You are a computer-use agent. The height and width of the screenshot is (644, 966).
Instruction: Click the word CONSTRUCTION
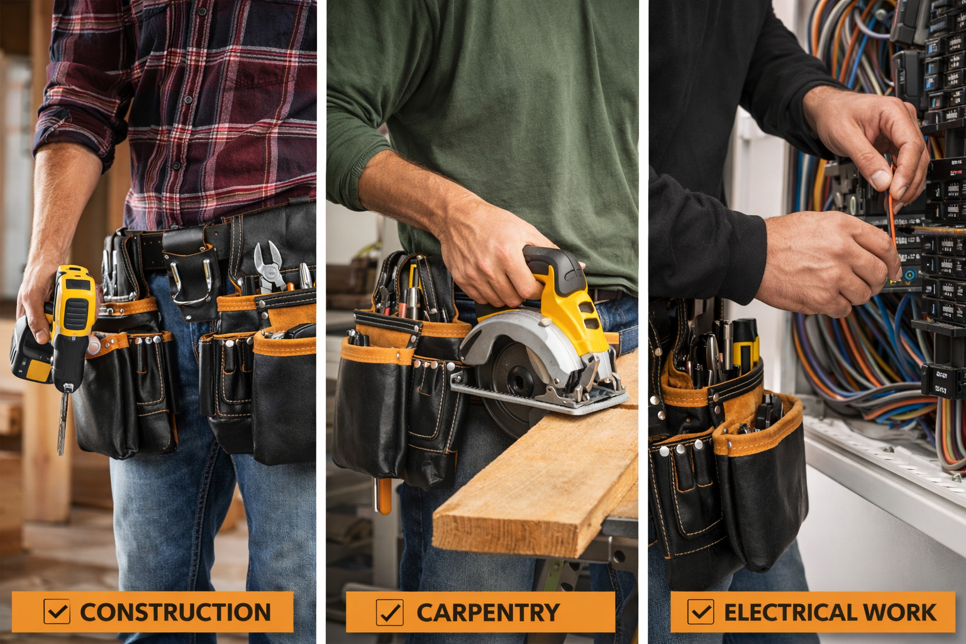click(175, 612)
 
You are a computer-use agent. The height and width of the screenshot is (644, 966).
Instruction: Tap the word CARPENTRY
click(488, 612)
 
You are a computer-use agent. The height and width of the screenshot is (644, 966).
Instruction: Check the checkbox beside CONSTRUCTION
click(57, 611)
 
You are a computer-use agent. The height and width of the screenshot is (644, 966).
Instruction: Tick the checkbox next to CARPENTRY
click(390, 612)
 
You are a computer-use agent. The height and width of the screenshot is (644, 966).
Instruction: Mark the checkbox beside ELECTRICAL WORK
click(701, 612)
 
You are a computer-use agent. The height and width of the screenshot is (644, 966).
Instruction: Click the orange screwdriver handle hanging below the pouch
click(383, 496)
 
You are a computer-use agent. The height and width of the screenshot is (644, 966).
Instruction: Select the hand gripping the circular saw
click(492, 255)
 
